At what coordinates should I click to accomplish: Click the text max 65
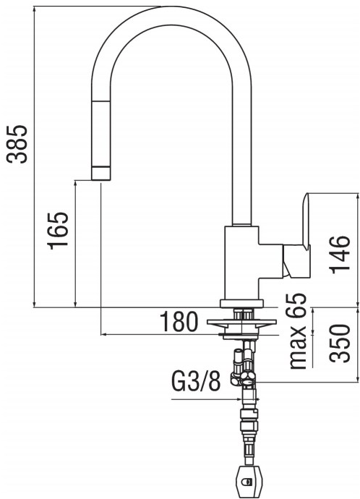[297, 333]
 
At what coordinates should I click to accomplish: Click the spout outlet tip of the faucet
[100, 173]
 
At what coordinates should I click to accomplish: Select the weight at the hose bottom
[247, 481]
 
